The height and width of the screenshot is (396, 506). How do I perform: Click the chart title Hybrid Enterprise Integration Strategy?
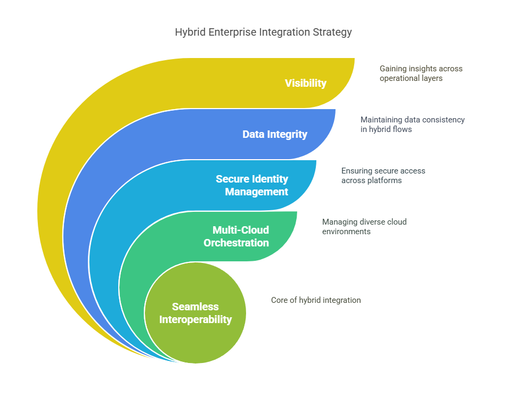(263, 32)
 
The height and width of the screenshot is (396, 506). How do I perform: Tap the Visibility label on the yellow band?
(306, 83)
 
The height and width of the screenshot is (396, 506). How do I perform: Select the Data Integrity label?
(275, 134)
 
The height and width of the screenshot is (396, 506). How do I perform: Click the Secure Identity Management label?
(252, 185)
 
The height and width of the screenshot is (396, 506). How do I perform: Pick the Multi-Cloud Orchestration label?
(236, 236)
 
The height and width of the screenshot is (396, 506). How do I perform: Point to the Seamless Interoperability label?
(195, 313)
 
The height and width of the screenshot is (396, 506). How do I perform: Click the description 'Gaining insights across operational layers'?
(421, 73)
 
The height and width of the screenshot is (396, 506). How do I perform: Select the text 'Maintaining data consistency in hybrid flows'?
(412, 125)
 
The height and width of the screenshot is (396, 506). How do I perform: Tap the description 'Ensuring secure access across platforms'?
(383, 176)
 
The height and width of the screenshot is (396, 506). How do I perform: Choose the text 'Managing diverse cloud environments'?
(364, 226)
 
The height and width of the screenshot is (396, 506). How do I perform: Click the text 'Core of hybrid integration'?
(316, 300)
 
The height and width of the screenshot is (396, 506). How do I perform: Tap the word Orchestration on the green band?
(236, 243)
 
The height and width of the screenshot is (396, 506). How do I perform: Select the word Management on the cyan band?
(257, 192)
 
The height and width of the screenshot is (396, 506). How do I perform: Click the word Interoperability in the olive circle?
(195, 319)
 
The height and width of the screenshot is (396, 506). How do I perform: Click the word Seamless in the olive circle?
(195, 307)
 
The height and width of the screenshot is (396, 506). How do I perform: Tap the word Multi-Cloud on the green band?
(241, 230)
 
